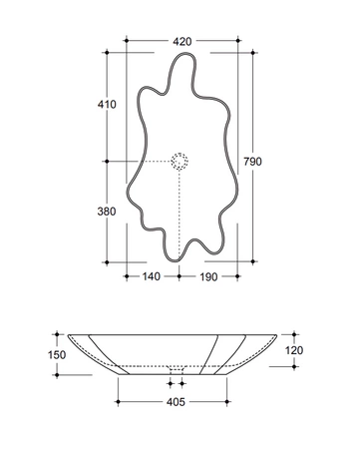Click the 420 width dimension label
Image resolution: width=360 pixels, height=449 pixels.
[182, 42]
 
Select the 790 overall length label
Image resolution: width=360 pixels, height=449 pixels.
[252, 162]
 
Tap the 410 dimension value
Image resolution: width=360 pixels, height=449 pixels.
[107, 105]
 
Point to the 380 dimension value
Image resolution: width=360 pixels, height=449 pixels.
[107, 212]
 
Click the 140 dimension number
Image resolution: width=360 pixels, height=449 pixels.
[152, 276]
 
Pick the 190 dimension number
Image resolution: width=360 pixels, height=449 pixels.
[208, 276]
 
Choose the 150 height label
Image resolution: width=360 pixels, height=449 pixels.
[57, 355]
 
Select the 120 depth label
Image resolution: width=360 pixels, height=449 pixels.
[294, 350]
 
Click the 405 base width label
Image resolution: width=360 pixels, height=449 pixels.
[176, 402]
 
